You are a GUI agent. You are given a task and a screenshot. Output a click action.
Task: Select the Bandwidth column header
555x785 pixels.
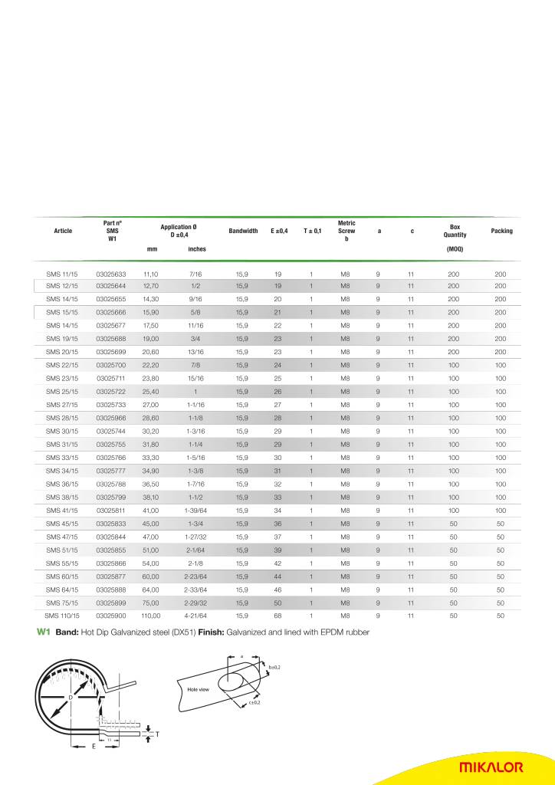click(x=243, y=231)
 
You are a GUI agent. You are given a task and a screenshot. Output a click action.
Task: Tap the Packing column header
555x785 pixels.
click(x=501, y=231)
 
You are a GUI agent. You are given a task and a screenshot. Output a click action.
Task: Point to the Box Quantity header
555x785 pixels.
click(x=455, y=231)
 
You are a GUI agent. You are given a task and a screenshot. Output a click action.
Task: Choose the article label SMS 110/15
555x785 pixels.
click(x=62, y=615)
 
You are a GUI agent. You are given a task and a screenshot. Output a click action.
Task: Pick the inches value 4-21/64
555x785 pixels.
click(x=196, y=615)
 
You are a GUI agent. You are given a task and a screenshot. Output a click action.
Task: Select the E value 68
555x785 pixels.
click(x=277, y=615)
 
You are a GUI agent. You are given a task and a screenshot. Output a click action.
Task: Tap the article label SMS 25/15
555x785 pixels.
click(x=63, y=391)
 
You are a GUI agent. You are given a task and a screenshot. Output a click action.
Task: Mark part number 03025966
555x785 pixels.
click(x=111, y=418)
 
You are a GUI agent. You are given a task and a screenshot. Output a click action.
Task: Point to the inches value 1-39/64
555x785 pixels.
click(x=196, y=510)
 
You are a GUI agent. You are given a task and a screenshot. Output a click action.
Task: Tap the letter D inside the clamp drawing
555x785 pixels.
click(x=70, y=697)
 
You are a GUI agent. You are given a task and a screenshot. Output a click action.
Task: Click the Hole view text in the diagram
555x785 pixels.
click(x=199, y=690)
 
